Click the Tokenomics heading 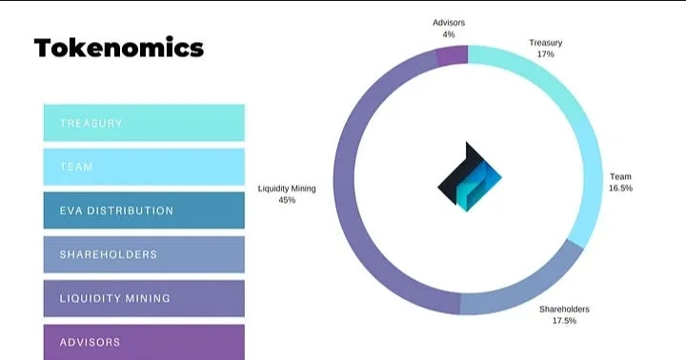pos(119,48)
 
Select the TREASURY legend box pos(144,123)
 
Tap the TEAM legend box pos(144,167)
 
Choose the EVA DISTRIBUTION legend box pos(144,210)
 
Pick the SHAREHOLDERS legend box pos(144,254)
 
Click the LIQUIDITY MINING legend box pos(144,298)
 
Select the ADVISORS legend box pos(144,341)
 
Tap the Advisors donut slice pos(453,55)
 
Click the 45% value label pos(287,201)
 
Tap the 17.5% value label pos(564,322)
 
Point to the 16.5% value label pos(620,189)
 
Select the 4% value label pos(448,34)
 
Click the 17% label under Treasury pos(546,55)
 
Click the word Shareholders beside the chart pos(564,310)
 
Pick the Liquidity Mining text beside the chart pos(287,189)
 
